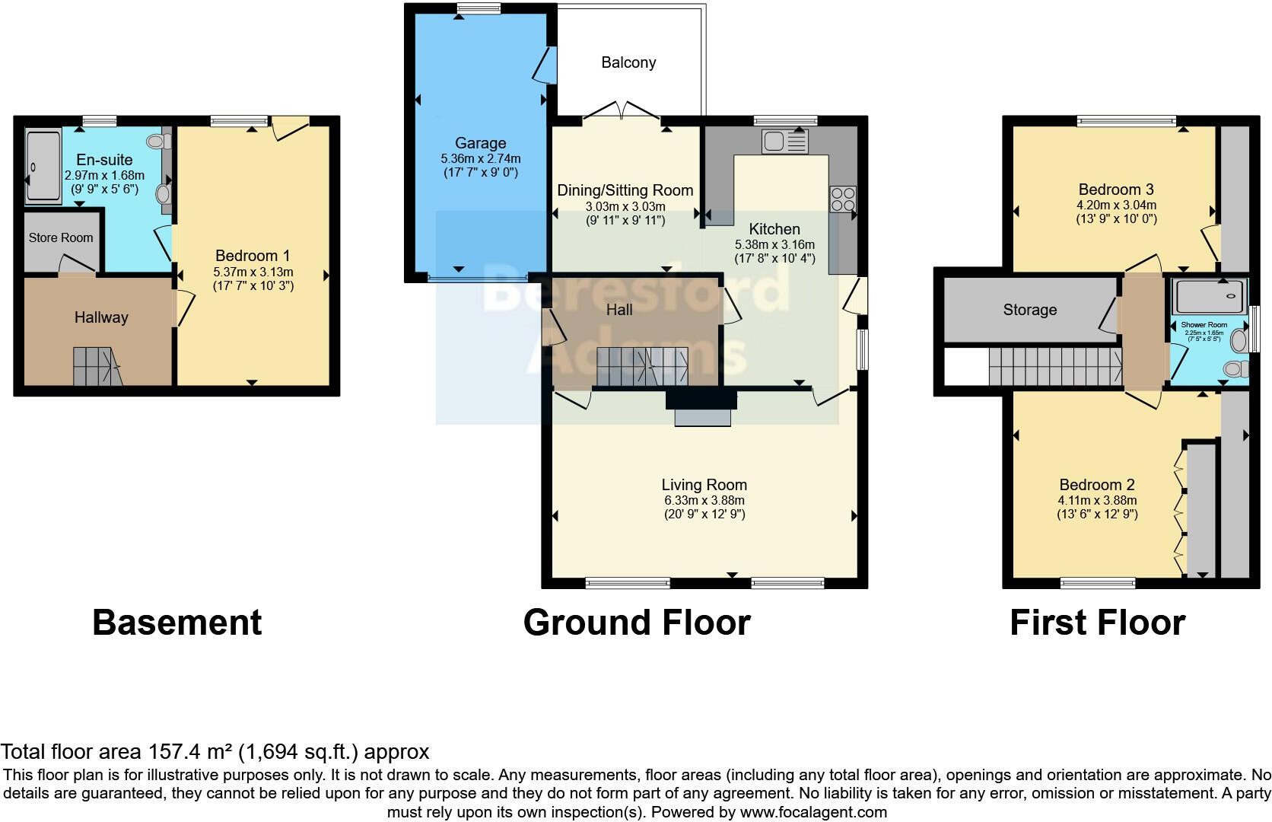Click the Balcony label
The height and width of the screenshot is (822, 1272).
click(628, 62)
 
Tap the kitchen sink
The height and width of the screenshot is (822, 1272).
click(784, 142)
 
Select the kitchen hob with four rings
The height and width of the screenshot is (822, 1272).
click(843, 199)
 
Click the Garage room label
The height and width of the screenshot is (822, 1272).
click(480, 143)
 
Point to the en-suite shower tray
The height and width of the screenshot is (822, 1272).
click(43, 167)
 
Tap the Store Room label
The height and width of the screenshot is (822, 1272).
click(61, 237)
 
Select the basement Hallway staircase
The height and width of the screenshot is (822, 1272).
click(96, 365)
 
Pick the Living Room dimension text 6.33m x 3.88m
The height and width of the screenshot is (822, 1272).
click(704, 500)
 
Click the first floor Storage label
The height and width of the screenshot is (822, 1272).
click(1029, 310)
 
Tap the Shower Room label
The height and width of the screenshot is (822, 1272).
click(1204, 325)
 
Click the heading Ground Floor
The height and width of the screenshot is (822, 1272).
click(637, 623)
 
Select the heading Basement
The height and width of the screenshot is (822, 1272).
click(176, 623)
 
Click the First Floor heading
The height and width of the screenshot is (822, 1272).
click(1097, 623)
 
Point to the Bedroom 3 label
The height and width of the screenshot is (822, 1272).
click(1116, 190)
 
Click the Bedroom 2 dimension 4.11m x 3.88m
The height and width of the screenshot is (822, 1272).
click(1097, 500)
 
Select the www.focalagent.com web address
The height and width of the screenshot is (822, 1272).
click(813, 812)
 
